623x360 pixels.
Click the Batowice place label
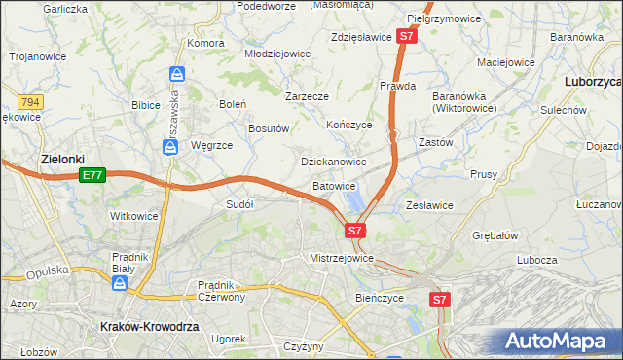point(334,185)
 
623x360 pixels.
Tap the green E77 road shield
point(92,175)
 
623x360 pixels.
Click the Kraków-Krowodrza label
point(149,328)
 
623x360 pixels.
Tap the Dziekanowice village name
point(333,162)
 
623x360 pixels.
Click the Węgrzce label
point(211,145)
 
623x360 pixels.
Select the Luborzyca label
point(593,83)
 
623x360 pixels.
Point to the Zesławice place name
point(429,205)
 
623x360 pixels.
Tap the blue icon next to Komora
point(176,74)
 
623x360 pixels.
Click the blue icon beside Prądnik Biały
point(120,283)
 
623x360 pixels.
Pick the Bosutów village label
point(269,127)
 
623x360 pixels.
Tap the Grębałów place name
point(495,235)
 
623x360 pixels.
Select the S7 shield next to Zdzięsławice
point(408,37)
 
